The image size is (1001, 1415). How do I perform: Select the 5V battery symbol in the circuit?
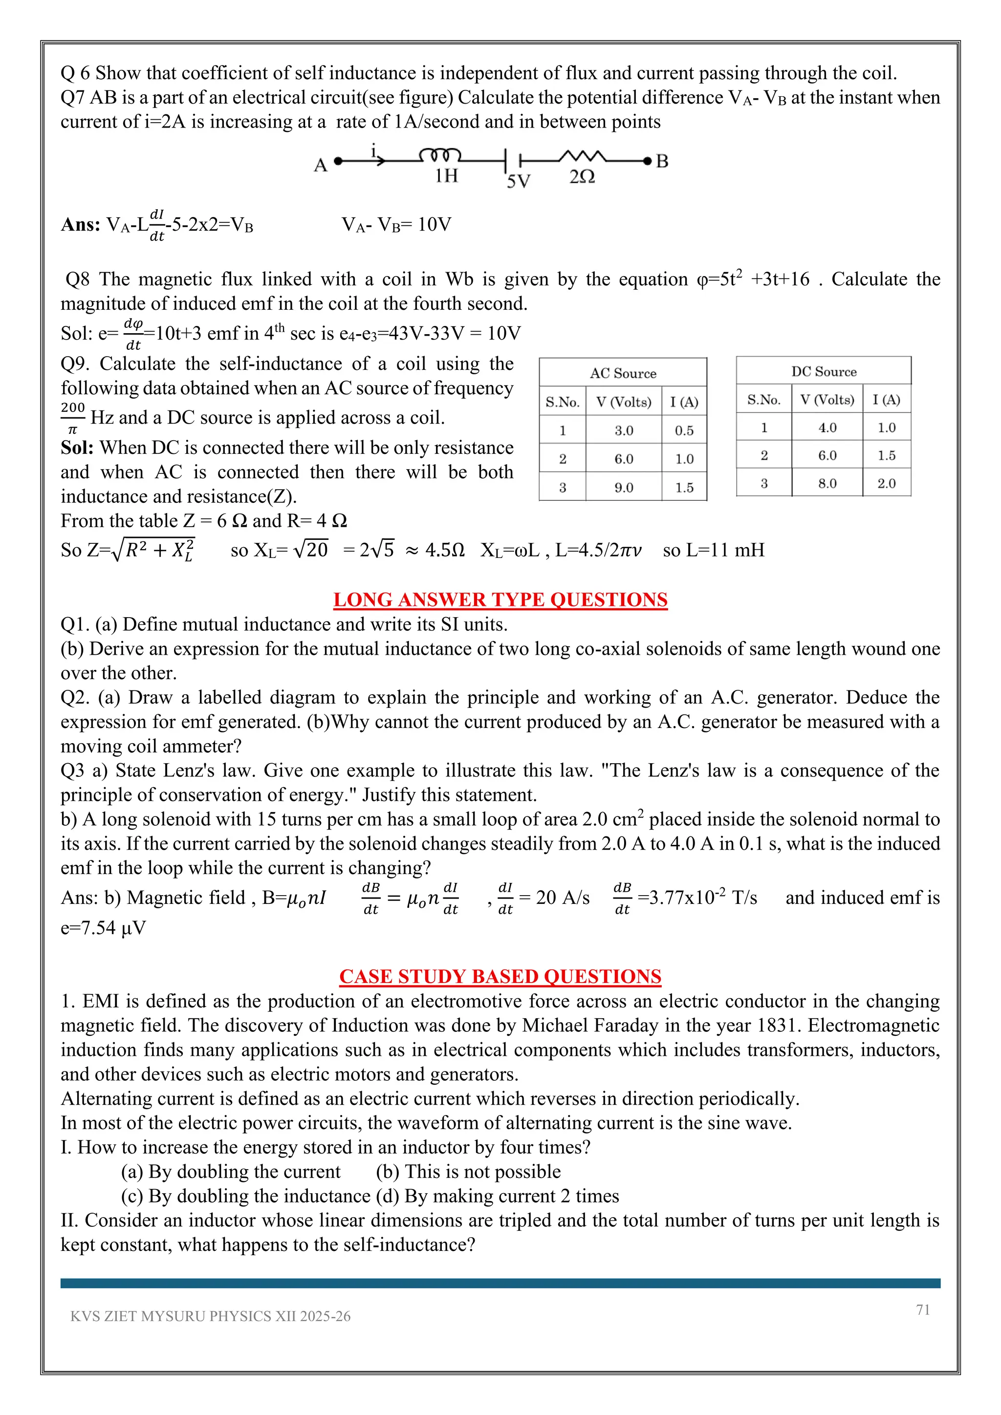tap(513, 161)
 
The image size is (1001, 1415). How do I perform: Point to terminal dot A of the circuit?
tap(337, 161)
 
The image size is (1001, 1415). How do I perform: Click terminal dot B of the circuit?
tap(647, 161)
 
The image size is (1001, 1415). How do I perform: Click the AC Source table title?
tap(623, 373)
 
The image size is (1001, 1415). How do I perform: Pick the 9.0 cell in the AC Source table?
tap(623, 488)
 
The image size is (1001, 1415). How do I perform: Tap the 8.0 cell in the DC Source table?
tap(827, 483)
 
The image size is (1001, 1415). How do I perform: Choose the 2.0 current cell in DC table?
tap(886, 483)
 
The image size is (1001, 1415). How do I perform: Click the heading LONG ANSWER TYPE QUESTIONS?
tap(500, 600)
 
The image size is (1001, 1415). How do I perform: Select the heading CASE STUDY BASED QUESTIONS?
tap(500, 976)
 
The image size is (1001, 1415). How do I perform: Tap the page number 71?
tap(922, 1309)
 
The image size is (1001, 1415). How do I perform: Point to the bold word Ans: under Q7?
tap(80, 224)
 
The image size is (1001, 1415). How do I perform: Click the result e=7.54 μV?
tap(103, 927)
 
